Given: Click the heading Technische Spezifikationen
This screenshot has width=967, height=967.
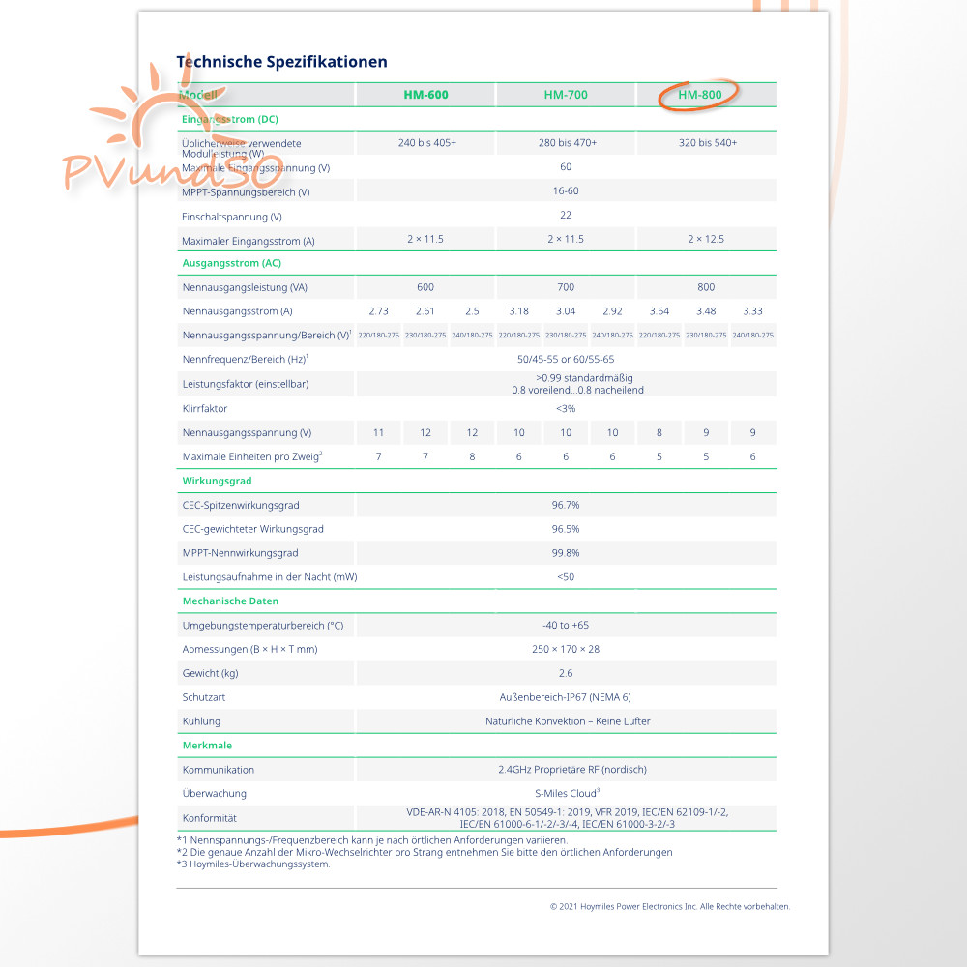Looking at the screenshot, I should click(x=281, y=62).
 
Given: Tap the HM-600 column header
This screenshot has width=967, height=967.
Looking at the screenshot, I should click(x=425, y=95).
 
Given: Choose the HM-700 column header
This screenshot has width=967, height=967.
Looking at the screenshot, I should click(x=566, y=95).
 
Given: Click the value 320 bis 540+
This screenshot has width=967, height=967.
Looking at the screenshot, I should click(x=707, y=143).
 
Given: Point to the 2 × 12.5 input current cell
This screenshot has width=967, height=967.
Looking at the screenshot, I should click(x=706, y=239).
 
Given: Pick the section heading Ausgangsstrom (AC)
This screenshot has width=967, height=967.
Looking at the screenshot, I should click(x=231, y=263).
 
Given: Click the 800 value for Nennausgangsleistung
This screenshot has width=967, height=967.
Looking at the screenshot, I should click(x=706, y=287).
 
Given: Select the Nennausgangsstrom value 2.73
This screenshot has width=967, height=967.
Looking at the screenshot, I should click(x=379, y=311).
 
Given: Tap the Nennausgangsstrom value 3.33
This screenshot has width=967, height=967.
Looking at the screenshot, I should click(x=752, y=311).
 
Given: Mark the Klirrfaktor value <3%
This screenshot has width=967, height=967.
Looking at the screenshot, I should click(x=566, y=408).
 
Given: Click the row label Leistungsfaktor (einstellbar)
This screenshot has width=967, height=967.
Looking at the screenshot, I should click(x=247, y=384).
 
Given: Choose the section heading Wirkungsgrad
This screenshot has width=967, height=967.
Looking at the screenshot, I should click(x=218, y=481).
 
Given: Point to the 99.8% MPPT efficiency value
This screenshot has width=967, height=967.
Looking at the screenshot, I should click(x=566, y=553).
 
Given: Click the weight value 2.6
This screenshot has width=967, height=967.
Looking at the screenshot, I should click(x=566, y=673).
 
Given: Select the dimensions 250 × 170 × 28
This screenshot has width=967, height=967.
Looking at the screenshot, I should click(x=566, y=649).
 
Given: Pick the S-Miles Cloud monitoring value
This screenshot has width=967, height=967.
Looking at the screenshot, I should click(x=566, y=793).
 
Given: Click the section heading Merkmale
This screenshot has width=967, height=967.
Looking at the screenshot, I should click(x=207, y=746).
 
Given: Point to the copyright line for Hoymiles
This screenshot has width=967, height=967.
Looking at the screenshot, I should click(x=669, y=906).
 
